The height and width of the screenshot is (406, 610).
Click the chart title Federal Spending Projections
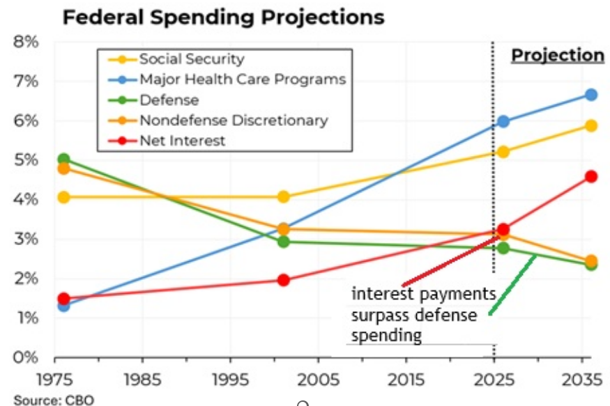[223, 16]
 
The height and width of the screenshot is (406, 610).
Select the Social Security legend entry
[192, 59]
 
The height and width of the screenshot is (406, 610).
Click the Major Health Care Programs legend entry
[242, 79]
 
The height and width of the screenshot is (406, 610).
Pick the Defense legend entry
[169, 100]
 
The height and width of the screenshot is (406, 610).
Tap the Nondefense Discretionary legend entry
[233, 120]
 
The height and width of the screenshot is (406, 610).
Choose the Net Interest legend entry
[182, 141]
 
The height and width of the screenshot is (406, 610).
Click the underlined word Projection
[558, 56]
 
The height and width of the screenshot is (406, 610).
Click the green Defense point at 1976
[64, 159]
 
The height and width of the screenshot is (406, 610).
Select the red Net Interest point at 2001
[283, 280]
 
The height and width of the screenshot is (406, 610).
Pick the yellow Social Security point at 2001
[283, 197]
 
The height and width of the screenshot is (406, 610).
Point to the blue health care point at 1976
[64, 305]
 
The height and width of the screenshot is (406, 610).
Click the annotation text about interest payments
[422, 314]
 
